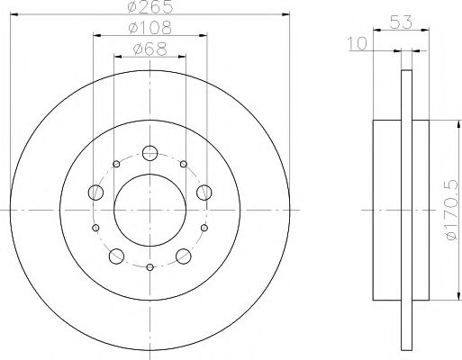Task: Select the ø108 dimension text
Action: click(x=149, y=30)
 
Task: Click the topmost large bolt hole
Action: click(x=150, y=152)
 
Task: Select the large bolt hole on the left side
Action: click(x=95, y=191)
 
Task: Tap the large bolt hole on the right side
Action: click(x=204, y=191)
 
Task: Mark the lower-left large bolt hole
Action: click(x=116, y=255)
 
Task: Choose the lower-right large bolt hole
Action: click(x=184, y=255)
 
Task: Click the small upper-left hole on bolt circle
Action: click(x=117, y=165)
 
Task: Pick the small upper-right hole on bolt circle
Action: click(x=184, y=165)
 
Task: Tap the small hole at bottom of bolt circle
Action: click(x=150, y=267)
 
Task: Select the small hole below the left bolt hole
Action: click(x=96, y=228)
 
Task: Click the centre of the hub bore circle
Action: click(x=150, y=209)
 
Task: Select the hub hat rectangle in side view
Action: click(x=386, y=208)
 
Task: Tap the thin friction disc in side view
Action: click(x=406, y=208)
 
